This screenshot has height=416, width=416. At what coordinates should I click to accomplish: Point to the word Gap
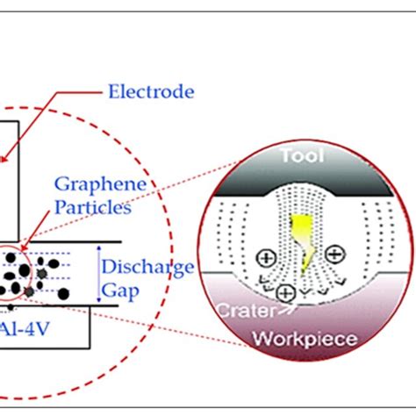pyautogui.click(x=126, y=289)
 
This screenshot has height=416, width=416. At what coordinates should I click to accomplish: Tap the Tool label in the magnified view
pyautogui.click(x=301, y=157)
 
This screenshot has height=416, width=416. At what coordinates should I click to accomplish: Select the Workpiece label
pyautogui.click(x=303, y=339)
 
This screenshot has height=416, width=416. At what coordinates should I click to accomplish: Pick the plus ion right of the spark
pyautogui.click(x=334, y=254)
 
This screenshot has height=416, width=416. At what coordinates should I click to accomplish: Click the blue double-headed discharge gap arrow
pyautogui.click(x=98, y=275)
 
